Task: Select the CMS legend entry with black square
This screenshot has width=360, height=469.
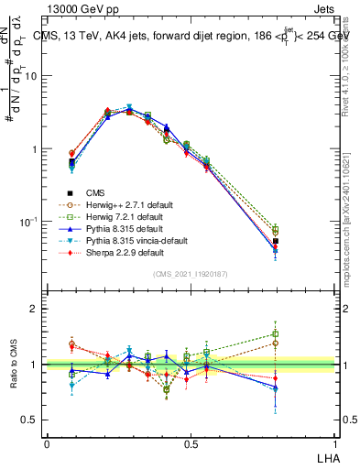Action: tap(95, 192)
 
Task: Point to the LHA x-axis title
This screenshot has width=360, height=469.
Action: tap(326, 456)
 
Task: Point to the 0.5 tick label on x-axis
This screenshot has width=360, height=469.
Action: tap(191, 443)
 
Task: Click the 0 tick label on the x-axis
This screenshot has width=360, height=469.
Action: tap(47, 443)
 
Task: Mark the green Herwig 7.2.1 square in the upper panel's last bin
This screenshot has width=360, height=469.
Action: tap(275, 230)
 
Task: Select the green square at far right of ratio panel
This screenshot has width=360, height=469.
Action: tap(275, 334)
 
